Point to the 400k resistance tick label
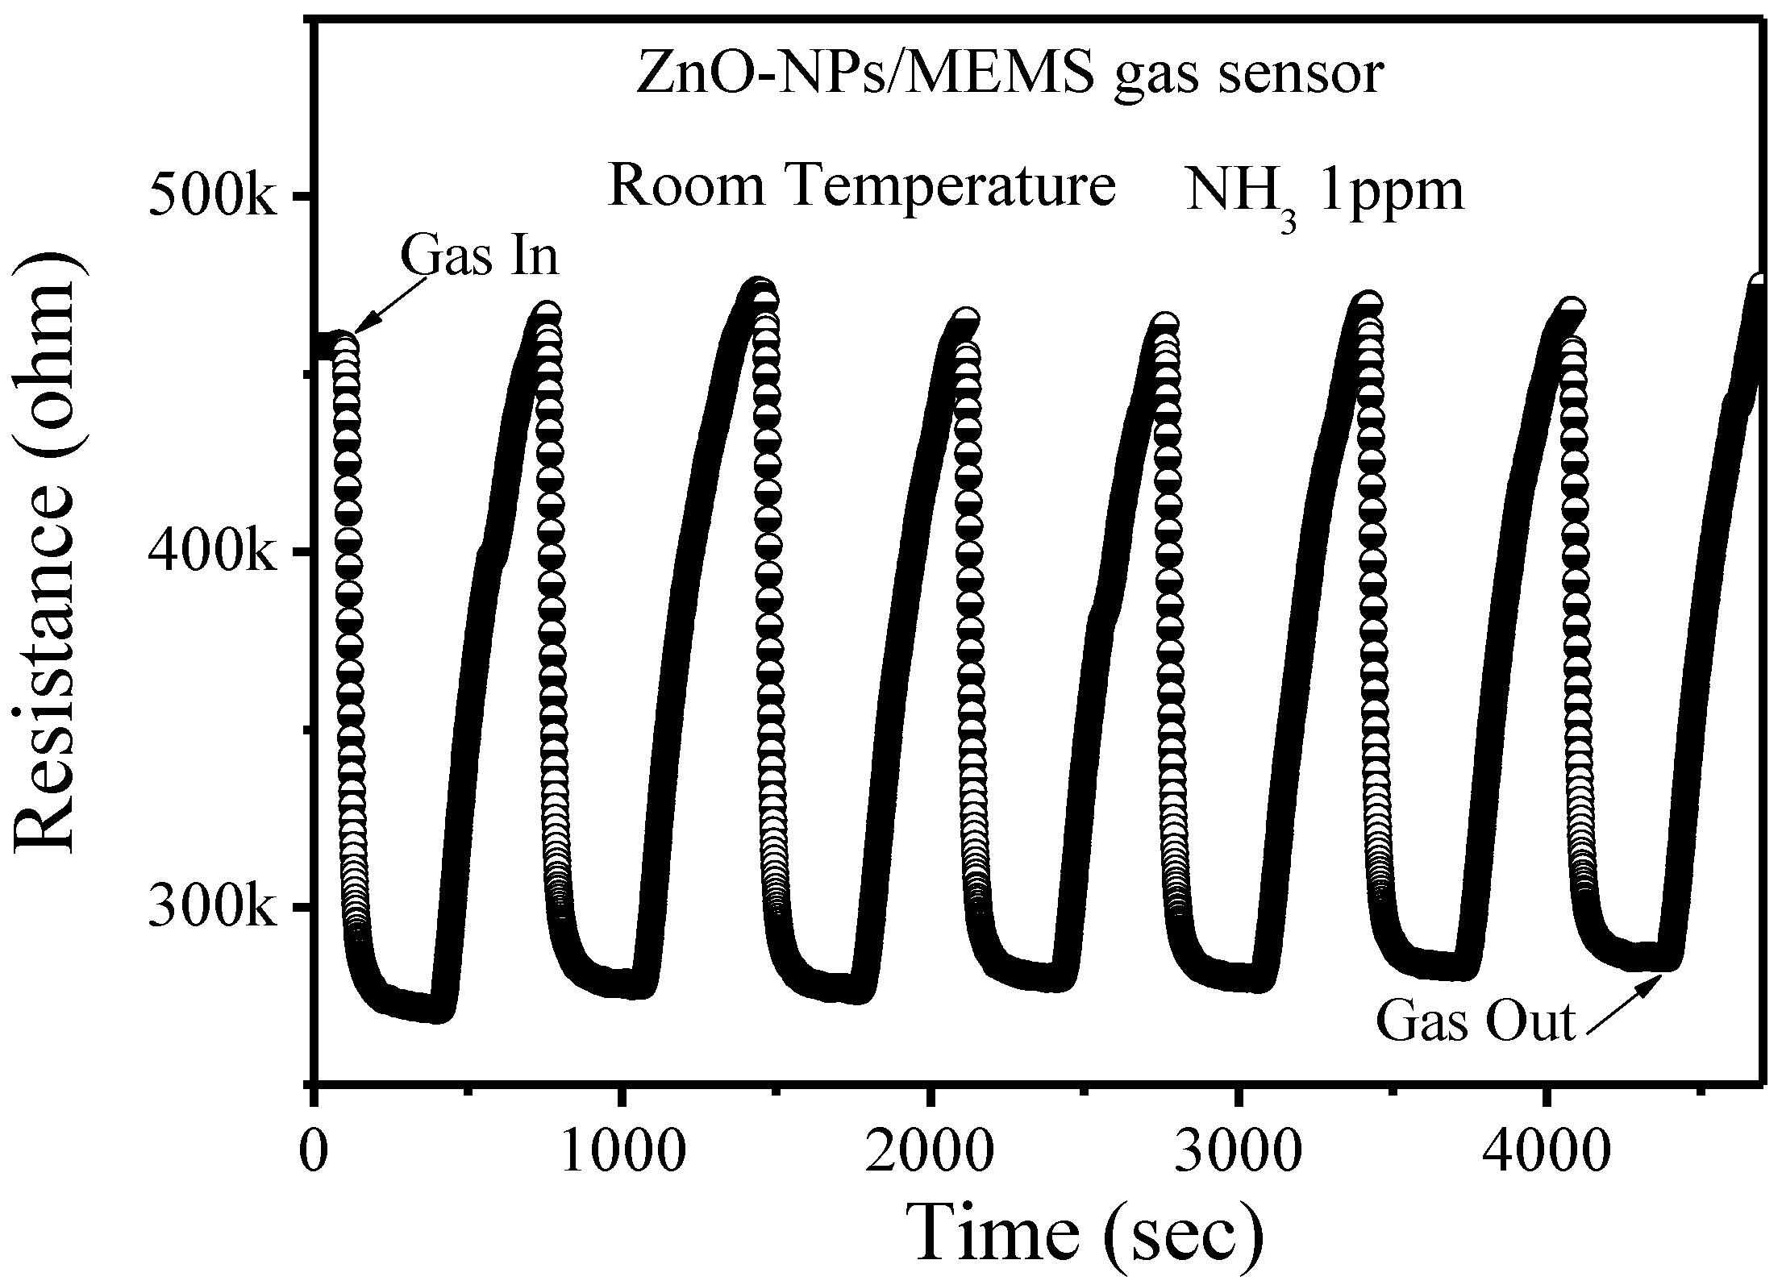[212, 553]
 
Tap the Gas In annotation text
[479, 256]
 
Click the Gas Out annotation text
[1475, 1022]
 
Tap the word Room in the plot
[686, 185]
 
